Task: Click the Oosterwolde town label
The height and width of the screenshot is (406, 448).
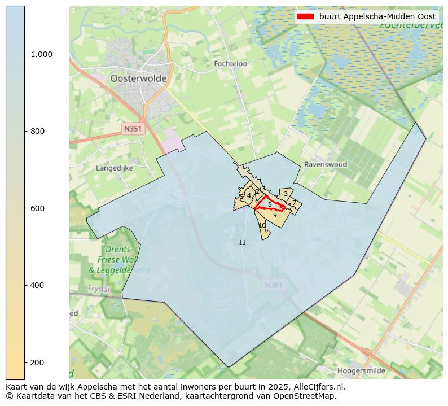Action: [138, 78]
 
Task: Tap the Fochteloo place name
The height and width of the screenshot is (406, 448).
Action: [230, 64]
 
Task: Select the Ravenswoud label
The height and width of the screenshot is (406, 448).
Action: [326, 164]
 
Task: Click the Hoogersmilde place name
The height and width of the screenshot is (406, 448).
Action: [361, 371]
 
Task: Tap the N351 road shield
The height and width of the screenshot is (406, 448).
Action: [133, 129]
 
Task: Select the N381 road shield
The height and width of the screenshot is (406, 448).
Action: [274, 286]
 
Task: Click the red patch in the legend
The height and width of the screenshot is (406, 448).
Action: [305, 16]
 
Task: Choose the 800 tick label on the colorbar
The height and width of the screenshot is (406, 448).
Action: [38, 131]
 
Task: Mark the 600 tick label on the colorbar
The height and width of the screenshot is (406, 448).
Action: [38, 208]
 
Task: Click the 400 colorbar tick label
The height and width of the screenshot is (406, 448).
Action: [38, 285]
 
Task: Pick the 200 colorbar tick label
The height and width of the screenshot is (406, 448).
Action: [38, 362]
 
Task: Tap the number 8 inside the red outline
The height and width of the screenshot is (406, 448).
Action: [270, 204]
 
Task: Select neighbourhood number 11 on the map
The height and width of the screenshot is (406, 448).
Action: [242, 242]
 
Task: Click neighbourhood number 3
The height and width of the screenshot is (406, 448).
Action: [286, 194]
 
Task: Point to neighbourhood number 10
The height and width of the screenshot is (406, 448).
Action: [262, 225]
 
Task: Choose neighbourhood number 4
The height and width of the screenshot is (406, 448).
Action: [249, 195]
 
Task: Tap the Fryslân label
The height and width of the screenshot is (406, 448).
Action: [100, 289]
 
